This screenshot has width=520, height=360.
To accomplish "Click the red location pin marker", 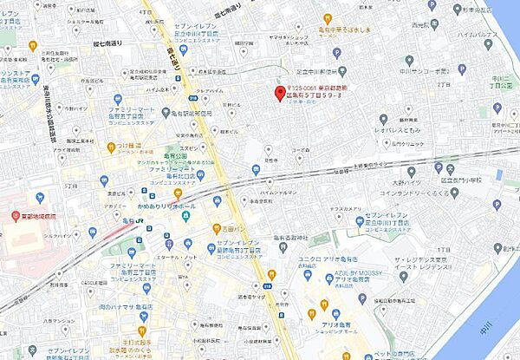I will point(279,94).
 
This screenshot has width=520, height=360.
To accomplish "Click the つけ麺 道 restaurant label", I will point(131,147).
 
